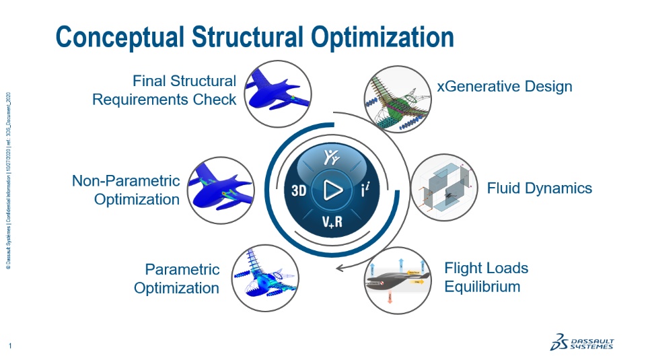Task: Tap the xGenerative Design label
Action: pos(505,86)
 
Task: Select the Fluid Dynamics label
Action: pos(540,188)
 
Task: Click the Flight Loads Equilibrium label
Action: pos(486,277)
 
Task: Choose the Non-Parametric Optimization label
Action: pos(126,190)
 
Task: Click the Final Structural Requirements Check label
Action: pos(164,90)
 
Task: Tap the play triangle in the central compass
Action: pos(331,190)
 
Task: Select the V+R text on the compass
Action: pos(331,223)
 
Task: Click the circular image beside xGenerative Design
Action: pos(396,96)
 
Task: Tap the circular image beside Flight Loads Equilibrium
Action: pos(397,278)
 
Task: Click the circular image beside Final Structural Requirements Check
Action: pos(278,94)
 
